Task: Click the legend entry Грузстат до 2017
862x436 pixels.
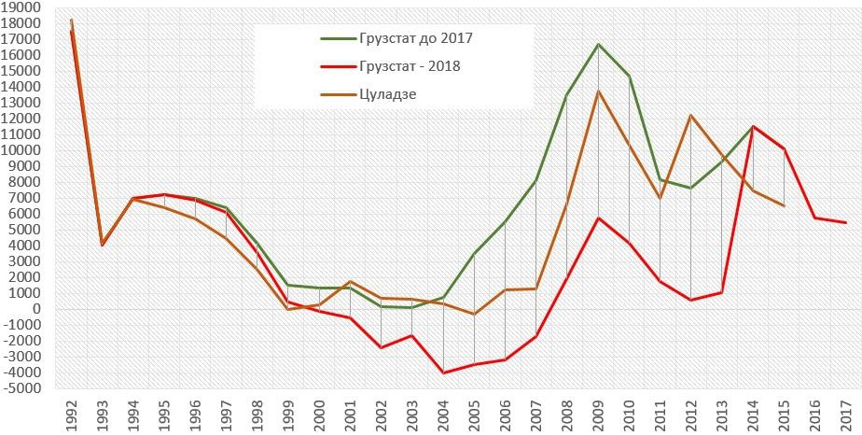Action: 410,39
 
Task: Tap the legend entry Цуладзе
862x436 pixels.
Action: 384,93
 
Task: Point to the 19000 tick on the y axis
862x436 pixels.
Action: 21,7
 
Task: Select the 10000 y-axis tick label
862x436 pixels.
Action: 21,150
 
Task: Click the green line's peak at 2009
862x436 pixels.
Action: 598,44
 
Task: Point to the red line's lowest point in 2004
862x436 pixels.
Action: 443,373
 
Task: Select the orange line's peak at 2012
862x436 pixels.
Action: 691,115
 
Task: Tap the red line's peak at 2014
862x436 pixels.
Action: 753,126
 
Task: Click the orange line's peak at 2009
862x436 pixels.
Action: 598,91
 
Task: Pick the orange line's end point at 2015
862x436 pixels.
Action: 784,205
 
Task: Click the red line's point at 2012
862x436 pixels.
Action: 691,300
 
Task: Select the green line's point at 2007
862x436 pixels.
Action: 536,180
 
